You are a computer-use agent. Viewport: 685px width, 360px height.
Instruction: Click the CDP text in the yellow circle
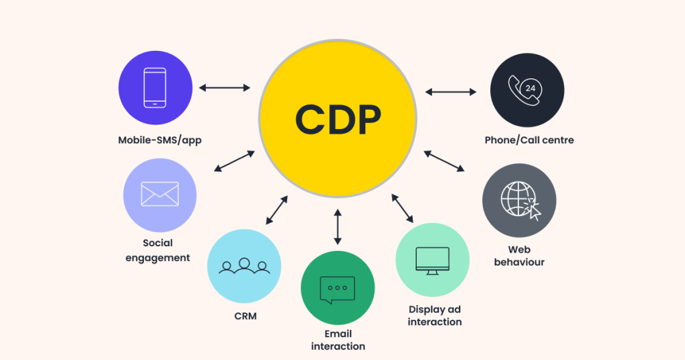[x=338, y=119]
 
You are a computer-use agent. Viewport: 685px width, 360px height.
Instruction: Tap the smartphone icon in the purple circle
[x=155, y=88]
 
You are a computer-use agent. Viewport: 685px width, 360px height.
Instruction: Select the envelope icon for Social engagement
[x=160, y=193]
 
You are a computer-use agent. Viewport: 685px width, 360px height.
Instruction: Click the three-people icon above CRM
[x=244, y=266]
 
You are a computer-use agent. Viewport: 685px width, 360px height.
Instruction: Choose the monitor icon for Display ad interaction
[x=433, y=261]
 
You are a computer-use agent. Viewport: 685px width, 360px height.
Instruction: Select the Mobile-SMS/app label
[x=160, y=141]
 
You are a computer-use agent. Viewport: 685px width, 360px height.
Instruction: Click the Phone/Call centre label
[x=529, y=141]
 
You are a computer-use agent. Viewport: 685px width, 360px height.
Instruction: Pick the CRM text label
[x=246, y=316]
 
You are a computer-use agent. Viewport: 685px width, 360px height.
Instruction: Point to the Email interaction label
[x=338, y=340]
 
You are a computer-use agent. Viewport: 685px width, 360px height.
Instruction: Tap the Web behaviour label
[x=519, y=256]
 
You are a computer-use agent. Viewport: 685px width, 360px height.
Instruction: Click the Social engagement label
[x=158, y=250]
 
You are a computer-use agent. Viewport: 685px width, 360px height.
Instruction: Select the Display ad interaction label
[x=435, y=315]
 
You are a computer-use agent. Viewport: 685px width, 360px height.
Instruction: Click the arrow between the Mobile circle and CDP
[x=225, y=88]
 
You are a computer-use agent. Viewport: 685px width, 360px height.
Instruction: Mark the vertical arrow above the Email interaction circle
[x=337, y=227]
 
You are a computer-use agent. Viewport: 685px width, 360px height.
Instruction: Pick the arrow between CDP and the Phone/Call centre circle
[x=451, y=92]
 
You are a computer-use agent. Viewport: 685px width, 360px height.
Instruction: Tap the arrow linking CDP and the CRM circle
[x=277, y=210]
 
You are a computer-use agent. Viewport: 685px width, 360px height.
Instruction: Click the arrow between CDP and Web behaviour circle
[x=444, y=161]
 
